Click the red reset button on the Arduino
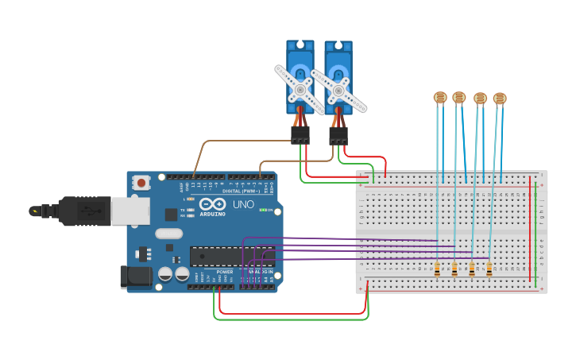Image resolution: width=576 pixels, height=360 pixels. [x=141, y=183]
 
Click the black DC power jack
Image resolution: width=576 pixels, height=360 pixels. [x=135, y=276]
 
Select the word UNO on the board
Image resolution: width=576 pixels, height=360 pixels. [x=243, y=204]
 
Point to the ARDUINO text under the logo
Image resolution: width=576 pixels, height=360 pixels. [x=213, y=213]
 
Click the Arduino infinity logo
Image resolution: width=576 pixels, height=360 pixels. [x=213, y=203]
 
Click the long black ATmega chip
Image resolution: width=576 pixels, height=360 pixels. [x=230, y=256]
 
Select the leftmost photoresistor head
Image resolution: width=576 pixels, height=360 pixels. [x=439, y=98]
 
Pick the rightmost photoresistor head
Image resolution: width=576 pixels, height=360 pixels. [x=500, y=99]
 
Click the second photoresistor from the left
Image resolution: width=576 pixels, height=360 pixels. [x=459, y=97]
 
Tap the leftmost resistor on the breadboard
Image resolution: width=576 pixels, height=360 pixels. [x=437, y=269]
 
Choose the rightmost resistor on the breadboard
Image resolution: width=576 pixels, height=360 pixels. [x=489, y=269]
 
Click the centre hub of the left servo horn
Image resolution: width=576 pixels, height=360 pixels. [x=300, y=89]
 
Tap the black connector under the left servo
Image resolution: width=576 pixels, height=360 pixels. [x=300, y=135]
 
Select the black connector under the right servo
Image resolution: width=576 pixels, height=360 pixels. [x=338, y=136]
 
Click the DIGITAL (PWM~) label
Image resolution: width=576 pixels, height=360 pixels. [x=242, y=191]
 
